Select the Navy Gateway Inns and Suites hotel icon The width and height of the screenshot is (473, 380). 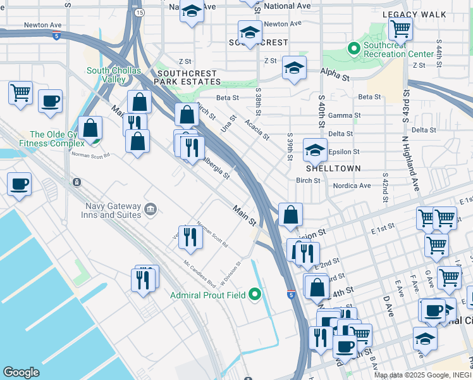click(x=150, y=209)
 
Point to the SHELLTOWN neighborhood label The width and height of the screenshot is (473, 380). click(x=333, y=169)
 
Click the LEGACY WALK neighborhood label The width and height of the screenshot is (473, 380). click(x=414, y=14)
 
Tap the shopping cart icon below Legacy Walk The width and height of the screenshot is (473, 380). click(x=400, y=28)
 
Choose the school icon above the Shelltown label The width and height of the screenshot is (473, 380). click(x=315, y=150)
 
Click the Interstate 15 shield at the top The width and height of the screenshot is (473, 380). click(x=138, y=12)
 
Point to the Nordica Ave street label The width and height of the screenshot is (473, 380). click(x=355, y=186)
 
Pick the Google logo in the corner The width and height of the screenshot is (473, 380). click(x=21, y=372)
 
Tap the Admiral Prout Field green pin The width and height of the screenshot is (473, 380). click(x=255, y=294)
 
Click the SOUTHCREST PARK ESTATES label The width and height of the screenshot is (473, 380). click(x=188, y=77)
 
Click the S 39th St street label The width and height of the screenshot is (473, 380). click(x=290, y=147)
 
